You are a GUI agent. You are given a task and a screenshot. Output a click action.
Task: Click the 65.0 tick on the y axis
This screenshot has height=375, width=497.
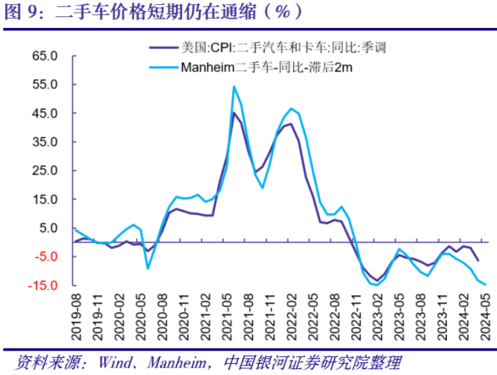coord(44,56)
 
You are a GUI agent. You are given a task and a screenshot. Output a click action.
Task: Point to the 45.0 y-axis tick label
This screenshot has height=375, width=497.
coord(44,113)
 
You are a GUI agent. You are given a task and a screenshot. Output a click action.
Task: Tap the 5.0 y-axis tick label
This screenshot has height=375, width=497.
coord(47,228)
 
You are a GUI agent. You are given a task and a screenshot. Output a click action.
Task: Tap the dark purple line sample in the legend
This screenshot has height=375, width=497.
coord(162,49)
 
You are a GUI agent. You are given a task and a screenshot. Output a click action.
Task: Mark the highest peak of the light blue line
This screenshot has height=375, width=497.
coord(235,86)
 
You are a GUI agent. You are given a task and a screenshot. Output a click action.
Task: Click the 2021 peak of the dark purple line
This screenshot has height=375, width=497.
coord(235,113)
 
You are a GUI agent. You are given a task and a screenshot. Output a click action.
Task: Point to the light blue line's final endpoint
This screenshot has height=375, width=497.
coord(484,285)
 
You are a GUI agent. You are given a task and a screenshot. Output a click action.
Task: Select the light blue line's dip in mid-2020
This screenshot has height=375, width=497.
coord(148,268)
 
